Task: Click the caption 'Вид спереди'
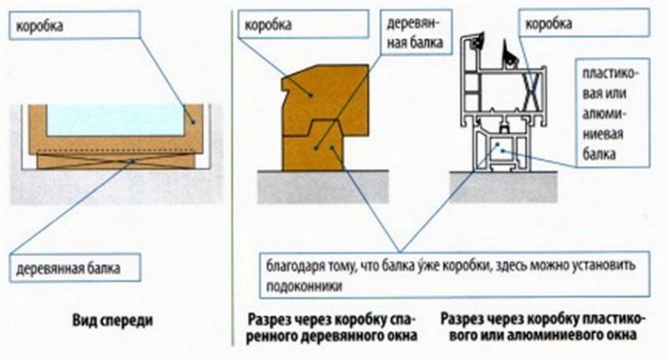[112, 321]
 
